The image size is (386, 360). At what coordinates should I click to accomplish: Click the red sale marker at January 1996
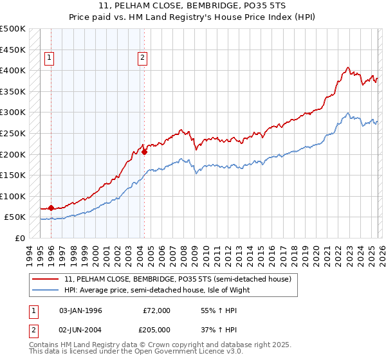[51, 208]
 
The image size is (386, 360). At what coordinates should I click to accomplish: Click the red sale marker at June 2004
[144, 152]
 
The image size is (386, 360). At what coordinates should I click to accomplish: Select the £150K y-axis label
[13, 175]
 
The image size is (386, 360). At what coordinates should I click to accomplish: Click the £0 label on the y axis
[19, 238]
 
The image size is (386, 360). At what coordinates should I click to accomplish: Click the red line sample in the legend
[46, 279]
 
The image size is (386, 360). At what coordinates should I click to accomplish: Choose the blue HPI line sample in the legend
[46, 290]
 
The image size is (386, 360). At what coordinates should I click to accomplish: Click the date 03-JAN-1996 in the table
[80, 310]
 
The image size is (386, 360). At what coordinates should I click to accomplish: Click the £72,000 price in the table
[156, 310]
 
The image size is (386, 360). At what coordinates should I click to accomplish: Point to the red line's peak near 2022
[347, 67]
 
